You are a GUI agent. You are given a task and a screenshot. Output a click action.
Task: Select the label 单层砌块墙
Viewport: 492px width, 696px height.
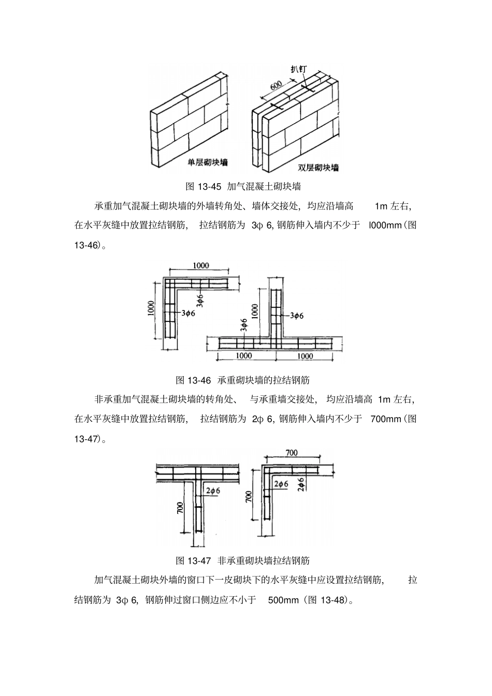[208, 162]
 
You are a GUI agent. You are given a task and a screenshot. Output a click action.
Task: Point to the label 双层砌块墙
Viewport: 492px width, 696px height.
[319, 167]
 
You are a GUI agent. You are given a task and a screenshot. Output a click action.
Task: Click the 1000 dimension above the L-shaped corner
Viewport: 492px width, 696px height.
[201, 265]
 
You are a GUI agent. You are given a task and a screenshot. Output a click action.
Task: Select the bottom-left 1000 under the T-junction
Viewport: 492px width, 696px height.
[243, 356]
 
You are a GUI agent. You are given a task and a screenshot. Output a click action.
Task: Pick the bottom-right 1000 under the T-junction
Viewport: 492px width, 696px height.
[306, 356]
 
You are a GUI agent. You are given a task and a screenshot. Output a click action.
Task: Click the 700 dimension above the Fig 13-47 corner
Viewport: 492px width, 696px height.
[292, 453]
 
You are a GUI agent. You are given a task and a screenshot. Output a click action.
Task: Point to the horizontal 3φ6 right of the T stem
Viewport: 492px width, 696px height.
[297, 315]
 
